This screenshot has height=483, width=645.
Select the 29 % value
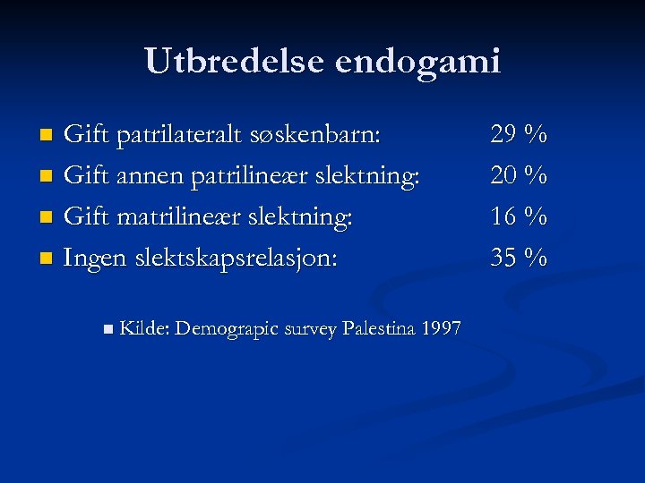point(519,136)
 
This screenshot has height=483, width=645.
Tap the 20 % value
point(519,176)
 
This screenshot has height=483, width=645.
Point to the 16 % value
point(519,217)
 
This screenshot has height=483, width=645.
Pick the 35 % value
point(519,258)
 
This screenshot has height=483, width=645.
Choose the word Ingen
point(95,258)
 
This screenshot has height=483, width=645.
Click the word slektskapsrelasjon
point(236,258)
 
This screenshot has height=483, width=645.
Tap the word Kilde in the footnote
point(143,328)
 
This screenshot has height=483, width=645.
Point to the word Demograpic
point(227,329)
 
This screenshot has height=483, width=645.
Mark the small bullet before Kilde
point(107,329)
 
